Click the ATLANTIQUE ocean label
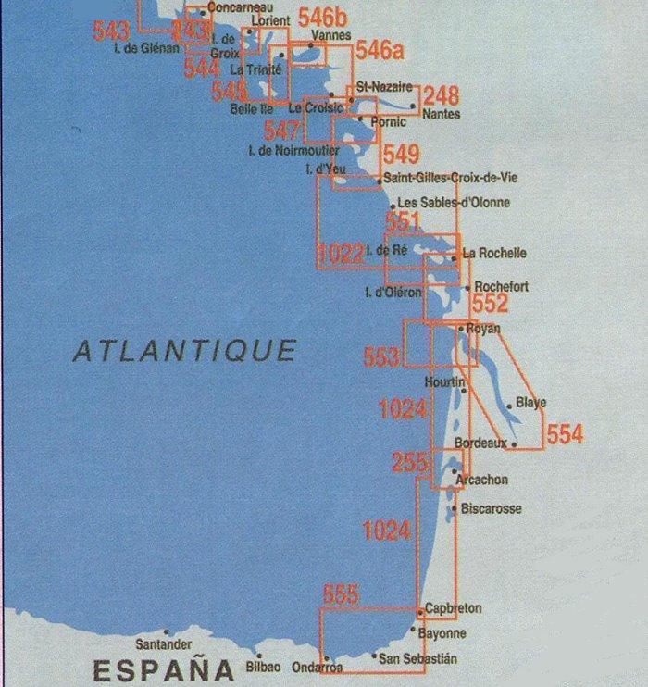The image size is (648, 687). [x=185, y=351]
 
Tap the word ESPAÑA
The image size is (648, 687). [x=163, y=668]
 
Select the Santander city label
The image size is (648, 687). [x=164, y=643]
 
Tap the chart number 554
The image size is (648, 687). [x=565, y=433]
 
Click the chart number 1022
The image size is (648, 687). [x=340, y=254]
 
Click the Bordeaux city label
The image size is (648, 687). [x=480, y=443]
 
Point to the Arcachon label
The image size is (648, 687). [x=482, y=480]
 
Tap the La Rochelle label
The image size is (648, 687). [x=494, y=253]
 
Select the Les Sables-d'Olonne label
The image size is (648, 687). [x=453, y=203]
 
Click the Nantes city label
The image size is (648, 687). [x=440, y=115]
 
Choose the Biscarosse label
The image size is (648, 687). [x=491, y=509]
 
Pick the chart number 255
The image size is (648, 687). [x=411, y=464]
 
